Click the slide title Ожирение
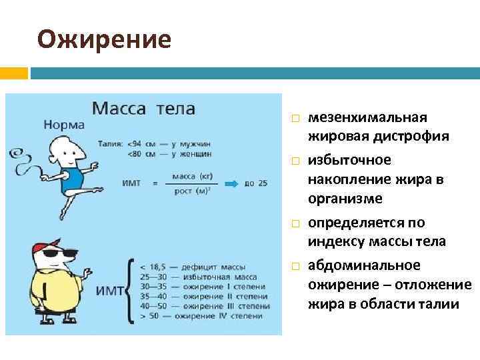(104, 40)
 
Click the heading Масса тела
(143, 107)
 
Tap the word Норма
(64, 125)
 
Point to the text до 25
(256, 183)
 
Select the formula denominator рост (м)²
(191, 191)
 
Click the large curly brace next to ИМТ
(131, 290)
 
